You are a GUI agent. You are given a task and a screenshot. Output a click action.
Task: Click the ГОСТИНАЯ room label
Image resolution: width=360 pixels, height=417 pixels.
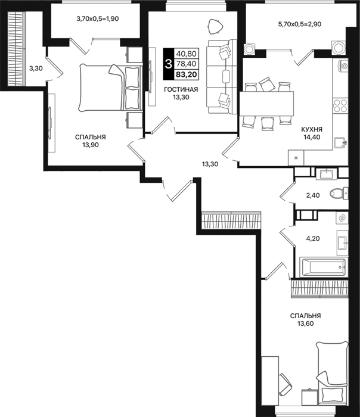click(x=181, y=89)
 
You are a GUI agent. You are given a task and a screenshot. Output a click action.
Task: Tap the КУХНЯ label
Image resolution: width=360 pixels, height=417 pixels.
click(x=312, y=129)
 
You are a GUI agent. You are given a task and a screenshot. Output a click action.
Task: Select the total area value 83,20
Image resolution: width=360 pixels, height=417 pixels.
click(x=186, y=74)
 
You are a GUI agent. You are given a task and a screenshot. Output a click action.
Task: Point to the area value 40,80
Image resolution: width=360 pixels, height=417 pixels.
click(x=186, y=54)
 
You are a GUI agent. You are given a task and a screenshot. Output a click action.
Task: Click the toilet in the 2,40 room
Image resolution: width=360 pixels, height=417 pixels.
click(x=339, y=193)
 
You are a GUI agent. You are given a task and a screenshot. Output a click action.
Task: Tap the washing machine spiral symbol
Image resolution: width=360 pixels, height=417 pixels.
click(x=342, y=218)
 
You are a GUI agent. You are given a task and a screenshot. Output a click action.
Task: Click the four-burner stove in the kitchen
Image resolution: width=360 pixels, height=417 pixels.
click(x=340, y=106)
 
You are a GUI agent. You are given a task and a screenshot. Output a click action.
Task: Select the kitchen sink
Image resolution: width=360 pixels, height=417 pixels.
click(x=340, y=142)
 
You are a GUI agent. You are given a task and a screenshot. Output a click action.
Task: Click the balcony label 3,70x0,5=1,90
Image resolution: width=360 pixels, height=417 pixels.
click(x=97, y=18)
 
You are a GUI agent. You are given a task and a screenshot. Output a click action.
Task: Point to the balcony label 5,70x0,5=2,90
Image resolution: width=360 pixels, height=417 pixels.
click(x=300, y=24)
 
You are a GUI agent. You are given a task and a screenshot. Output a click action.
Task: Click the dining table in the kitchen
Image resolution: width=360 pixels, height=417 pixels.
click(x=266, y=104)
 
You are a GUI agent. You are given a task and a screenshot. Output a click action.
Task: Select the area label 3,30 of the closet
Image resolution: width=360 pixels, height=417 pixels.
click(x=36, y=69)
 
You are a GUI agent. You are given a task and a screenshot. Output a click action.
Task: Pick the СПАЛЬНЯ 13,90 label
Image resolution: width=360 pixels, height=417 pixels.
click(x=91, y=141)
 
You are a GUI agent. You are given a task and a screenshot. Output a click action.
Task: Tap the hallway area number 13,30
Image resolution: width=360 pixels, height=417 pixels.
click(x=210, y=164)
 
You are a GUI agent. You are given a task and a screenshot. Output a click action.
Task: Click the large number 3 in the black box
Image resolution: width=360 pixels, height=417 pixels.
click(x=169, y=64)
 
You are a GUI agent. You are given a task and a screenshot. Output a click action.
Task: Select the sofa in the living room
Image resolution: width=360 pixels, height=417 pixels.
click(x=222, y=77)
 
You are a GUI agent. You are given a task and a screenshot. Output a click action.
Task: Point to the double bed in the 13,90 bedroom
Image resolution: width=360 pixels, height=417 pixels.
click(x=110, y=88)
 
